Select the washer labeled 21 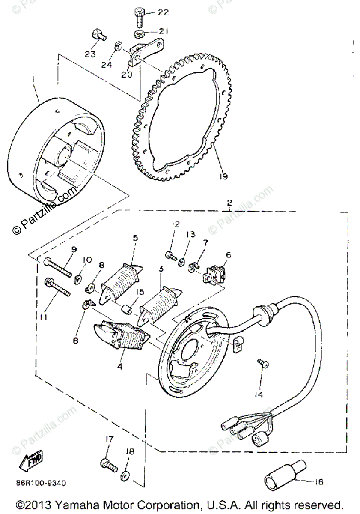click(x=140, y=33)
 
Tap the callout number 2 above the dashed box click(x=229, y=202)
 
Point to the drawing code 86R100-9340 click(x=42, y=484)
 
